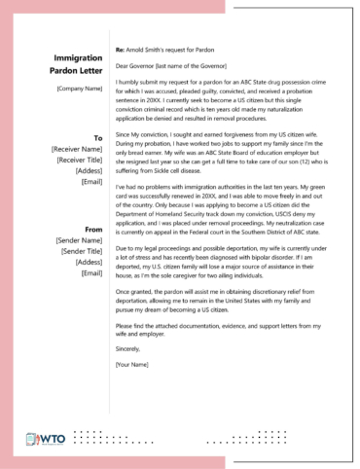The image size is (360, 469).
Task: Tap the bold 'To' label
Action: pos(98,138)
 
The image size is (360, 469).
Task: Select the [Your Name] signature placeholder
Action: pos(133,365)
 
